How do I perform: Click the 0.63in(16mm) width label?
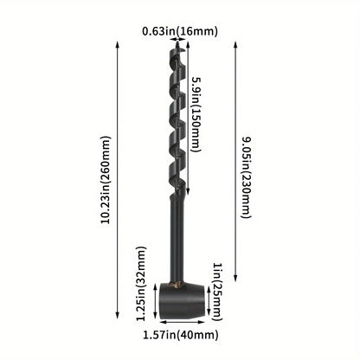179,32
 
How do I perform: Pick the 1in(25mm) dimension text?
219,280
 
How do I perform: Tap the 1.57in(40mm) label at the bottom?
180,333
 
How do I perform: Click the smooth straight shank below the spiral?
177,242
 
